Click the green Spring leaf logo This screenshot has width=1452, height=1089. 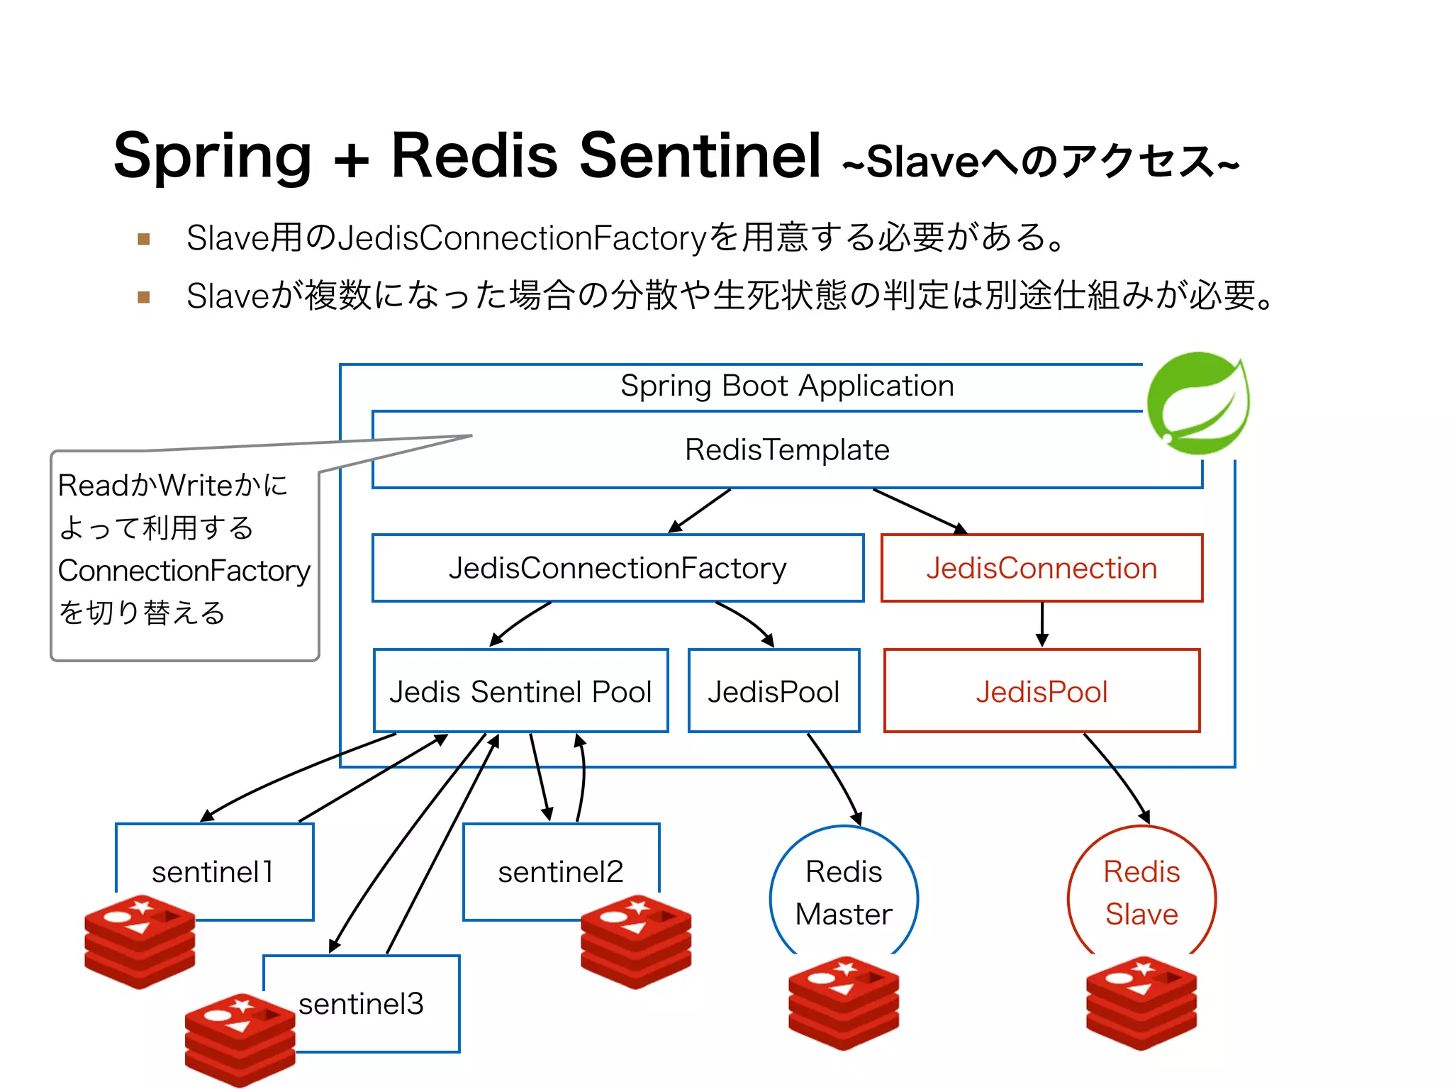coord(1198,403)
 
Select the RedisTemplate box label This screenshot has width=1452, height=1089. coord(787,449)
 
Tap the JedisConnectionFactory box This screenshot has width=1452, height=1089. coord(618,568)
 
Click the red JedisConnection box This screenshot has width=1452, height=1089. coord(1041,568)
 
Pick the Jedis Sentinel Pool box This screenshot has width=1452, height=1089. coord(520,691)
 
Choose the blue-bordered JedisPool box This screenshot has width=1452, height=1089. coord(774,691)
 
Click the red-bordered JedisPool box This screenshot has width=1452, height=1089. coord(1041,691)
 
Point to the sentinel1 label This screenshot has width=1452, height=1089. coord(213,871)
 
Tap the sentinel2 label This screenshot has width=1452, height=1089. coord(560,871)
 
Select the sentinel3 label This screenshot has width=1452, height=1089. coord(361,1003)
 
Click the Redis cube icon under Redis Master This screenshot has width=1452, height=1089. coord(844,1003)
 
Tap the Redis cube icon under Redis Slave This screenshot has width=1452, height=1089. coord(1141,1003)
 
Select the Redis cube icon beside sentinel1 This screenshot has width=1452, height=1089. coord(140,942)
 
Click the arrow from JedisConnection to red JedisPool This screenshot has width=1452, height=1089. coord(1041,624)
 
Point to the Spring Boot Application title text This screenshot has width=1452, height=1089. coord(787,386)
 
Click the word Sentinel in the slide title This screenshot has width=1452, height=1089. coord(700,155)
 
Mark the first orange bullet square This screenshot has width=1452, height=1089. coord(144,239)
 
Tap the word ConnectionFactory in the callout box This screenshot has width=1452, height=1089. coord(184,571)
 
